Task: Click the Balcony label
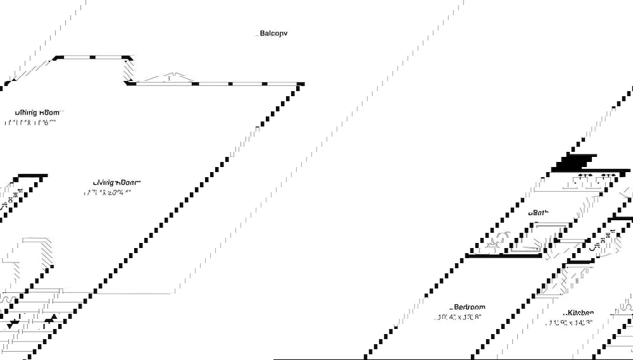(273, 34)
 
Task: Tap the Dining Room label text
(37, 113)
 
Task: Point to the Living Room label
(116, 183)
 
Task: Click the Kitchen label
(579, 313)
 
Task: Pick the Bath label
(539, 213)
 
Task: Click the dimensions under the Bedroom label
(460, 317)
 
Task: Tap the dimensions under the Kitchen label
(570, 323)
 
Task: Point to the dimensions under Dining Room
(30, 123)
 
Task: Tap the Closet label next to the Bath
(598, 241)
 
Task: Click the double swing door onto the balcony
(167, 78)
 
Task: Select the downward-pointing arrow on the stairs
(13, 324)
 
